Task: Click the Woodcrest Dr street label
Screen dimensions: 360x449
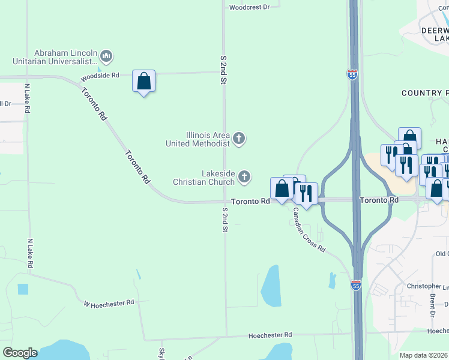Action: (250, 7)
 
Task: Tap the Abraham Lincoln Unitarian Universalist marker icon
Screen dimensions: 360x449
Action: (106, 56)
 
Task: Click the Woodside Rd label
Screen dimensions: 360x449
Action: (100, 76)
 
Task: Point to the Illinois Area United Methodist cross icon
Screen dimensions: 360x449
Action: (239, 139)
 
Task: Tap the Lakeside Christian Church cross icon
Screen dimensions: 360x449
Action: (244, 176)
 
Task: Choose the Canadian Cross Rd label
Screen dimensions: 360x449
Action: (309, 230)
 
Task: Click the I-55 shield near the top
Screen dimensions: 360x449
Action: (352, 74)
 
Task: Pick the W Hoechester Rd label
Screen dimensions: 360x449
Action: (109, 304)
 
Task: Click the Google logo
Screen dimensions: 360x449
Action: (20, 353)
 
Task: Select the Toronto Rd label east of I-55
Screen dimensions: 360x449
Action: (379, 199)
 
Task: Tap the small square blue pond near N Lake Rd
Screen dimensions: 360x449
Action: (23, 289)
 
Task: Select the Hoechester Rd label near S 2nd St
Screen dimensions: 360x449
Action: (271, 335)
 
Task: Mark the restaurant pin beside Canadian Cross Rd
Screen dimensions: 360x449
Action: (306, 194)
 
